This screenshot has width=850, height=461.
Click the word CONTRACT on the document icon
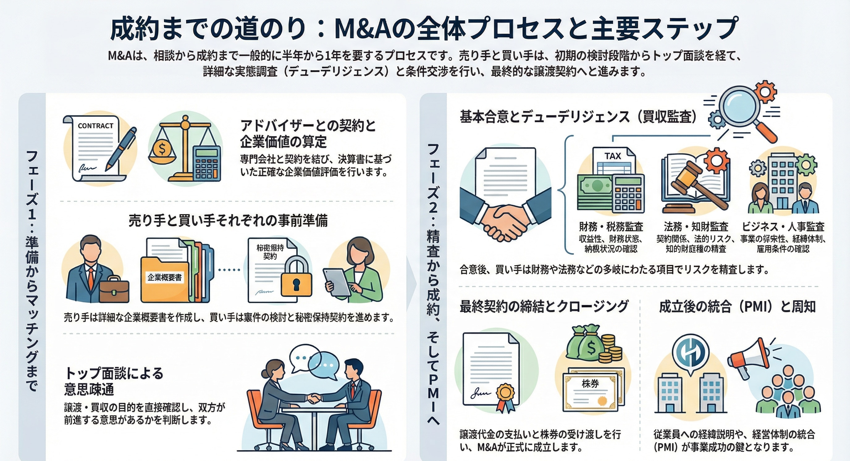click(x=95, y=126)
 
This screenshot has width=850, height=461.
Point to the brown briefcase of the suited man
click(x=114, y=289)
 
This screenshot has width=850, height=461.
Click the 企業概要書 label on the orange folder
click(x=164, y=277)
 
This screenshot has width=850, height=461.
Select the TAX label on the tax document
click(x=613, y=156)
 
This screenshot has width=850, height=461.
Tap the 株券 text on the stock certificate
click(x=590, y=383)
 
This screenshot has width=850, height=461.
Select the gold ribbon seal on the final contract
click(x=505, y=393)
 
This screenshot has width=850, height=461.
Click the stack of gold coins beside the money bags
click(x=610, y=350)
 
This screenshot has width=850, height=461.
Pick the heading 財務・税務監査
click(x=611, y=227)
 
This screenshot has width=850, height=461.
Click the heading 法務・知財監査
click(x=696, y=227)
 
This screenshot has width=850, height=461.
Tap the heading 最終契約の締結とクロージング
click(x=544, y=306)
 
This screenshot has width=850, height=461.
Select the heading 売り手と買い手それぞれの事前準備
click(x=228, y=220)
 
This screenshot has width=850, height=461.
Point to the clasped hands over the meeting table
click(x=313, y=398)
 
